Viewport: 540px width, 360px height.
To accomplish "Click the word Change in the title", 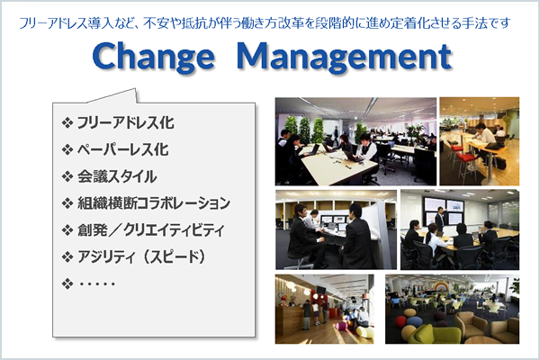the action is coord(153,57).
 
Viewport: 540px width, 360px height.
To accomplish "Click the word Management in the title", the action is coord(345,57).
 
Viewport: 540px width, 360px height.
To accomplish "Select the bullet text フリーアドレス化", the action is coord(126,122).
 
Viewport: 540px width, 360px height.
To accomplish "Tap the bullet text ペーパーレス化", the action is coord(123,149).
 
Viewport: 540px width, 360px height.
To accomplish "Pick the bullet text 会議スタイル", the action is coord(117,176).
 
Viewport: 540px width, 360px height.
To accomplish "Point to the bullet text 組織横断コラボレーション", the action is coord(154,202).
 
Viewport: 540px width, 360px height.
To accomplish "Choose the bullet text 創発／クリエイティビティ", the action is coord(151,229).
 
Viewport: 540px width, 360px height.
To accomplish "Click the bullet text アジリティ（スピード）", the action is coord(141,256).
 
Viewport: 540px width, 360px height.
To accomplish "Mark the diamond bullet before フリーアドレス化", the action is coord(67,123).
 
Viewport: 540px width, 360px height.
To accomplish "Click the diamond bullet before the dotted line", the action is coord(67,283).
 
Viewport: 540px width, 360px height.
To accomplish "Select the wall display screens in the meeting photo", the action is coord(444,210).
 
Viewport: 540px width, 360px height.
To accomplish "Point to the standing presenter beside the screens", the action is coord(439,220).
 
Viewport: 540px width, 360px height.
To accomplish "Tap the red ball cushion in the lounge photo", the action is coord(400,322).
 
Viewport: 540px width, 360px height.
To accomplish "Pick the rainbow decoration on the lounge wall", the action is coord(442,286).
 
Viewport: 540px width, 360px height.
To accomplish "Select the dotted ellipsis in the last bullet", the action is coord(97,284).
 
